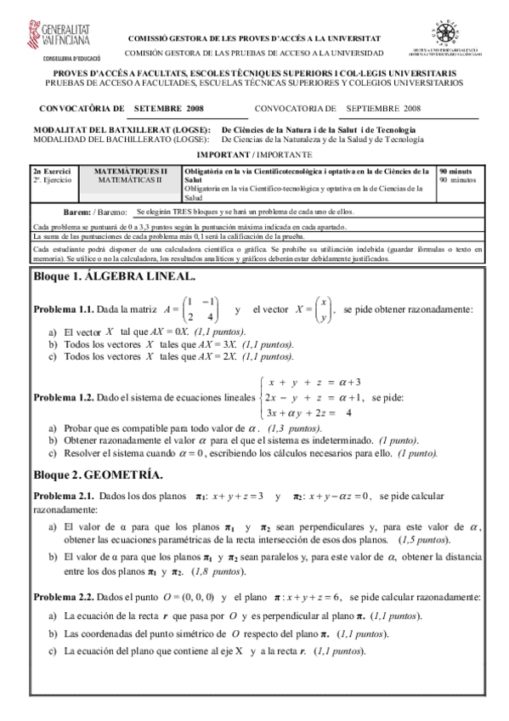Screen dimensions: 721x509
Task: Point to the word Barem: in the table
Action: (x=78, y=212)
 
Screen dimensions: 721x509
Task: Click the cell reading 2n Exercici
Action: (x=53, y=171)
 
